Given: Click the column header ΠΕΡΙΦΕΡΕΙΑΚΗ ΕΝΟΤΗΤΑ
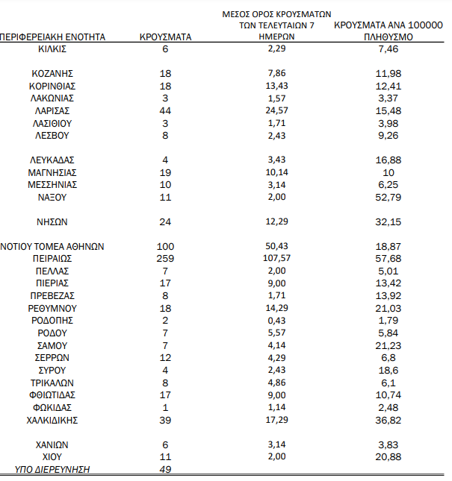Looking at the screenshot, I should (52, 37).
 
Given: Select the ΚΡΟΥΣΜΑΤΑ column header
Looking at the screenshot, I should (165, 37).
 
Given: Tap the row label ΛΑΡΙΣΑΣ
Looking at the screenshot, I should (52, 110).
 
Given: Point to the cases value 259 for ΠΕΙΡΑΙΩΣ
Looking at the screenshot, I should (165, 258).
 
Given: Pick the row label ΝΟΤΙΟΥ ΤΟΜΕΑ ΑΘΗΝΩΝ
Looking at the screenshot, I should (52, 246).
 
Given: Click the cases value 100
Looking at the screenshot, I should (165, 246).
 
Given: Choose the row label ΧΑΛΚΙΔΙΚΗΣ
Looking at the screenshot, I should (52, 420).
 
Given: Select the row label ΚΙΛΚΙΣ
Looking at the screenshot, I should (52, 48).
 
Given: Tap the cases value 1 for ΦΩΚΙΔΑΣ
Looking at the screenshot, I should (165, 407).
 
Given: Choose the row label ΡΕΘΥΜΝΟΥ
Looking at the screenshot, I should (52, 308).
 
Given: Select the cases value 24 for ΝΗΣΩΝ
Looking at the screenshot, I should (165, 221).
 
